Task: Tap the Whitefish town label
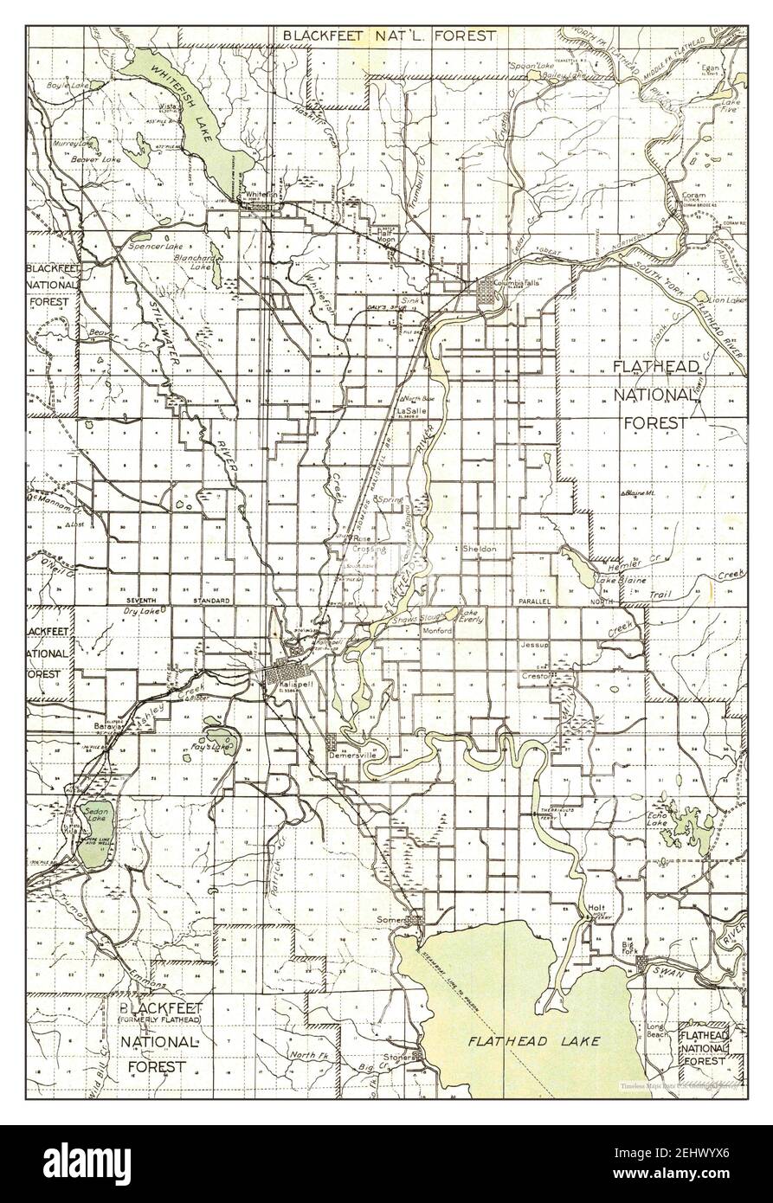[260, 195]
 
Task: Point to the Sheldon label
[479, 550]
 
